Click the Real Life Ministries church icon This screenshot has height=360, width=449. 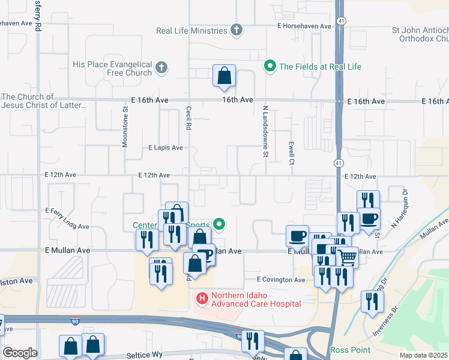(x=237, y=30)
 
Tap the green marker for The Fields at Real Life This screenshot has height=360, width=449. (x=270, y=66)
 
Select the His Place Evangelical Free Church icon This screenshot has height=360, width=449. (x=161, y=68)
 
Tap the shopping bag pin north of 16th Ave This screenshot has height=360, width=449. (x=224, y=76)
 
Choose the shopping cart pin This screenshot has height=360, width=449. (x=348, y=257)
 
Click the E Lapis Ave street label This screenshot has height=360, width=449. (x=165, y=148)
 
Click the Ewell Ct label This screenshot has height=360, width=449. (x=291, y=151)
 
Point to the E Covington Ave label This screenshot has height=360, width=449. (x=281, y=280)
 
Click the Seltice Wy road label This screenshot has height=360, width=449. (x=145, y=355)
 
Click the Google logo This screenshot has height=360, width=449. (x=19, y=353)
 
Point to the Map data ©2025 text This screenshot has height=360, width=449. (x=423, y=356)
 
